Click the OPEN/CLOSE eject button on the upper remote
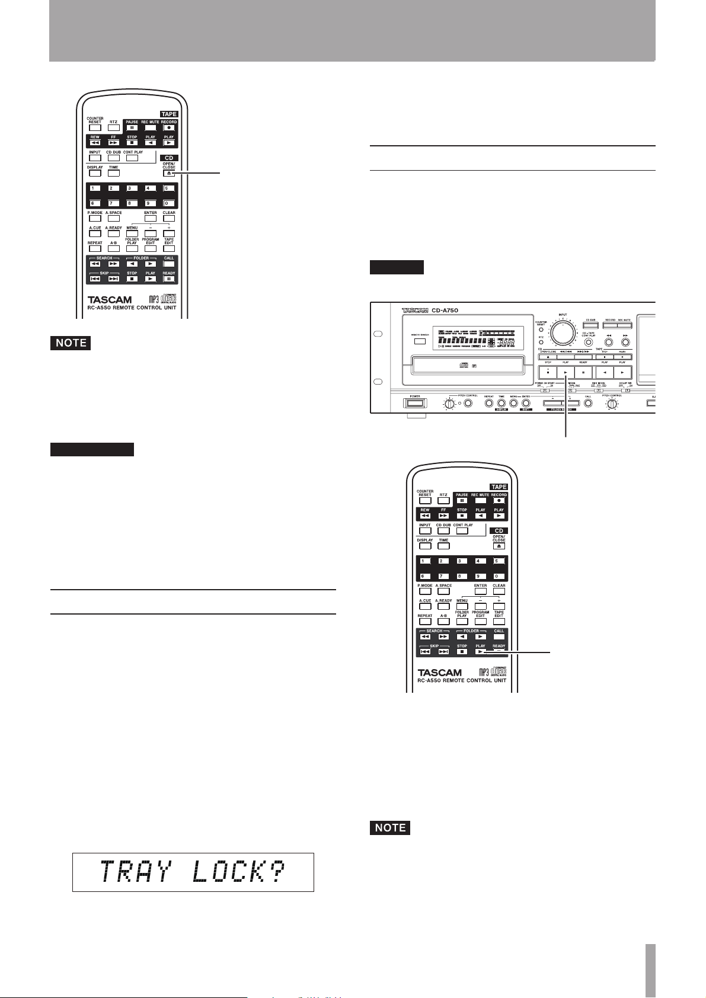coord(169,173)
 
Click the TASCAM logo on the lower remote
coord(439,673)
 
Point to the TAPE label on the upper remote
coord(168,114)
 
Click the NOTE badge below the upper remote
coord(71,343)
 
